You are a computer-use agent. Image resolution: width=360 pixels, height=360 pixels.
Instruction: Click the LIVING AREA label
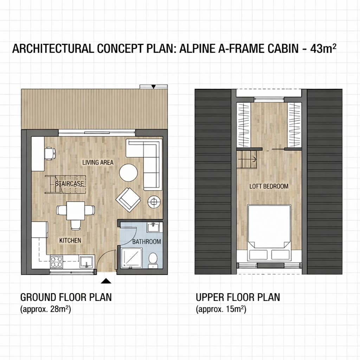[98, 162]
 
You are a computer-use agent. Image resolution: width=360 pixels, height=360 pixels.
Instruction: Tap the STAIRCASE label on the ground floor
[70, 184]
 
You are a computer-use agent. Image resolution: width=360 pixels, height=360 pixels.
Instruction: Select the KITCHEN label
[70, 240]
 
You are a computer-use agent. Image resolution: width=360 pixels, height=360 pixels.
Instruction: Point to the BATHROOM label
[147, 242]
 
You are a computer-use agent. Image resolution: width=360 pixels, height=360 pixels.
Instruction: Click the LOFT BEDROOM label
[269, 186]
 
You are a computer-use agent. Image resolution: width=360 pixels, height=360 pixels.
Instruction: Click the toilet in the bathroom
[153, 260]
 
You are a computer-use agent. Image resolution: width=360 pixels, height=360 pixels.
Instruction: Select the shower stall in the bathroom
[131, 258]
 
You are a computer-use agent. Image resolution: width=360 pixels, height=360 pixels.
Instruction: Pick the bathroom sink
[154, 227]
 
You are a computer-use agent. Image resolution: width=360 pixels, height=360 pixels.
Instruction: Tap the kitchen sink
[86, 262]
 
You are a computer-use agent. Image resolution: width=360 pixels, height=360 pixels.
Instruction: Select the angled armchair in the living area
[128, 200]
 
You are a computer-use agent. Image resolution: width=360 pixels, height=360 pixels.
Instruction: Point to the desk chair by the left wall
[50, 154]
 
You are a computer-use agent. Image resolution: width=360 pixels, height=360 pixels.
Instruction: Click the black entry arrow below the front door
[106, 281]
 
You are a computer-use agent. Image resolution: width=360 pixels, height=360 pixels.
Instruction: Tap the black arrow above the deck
[154, 86]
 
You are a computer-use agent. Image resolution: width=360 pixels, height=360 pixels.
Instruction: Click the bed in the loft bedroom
[269, 233]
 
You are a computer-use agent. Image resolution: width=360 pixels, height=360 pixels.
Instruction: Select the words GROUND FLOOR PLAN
[66, 297]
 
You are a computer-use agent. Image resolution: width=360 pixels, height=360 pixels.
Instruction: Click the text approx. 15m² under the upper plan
[221, 309]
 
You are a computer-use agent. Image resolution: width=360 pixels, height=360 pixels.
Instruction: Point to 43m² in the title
[323, 49]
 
